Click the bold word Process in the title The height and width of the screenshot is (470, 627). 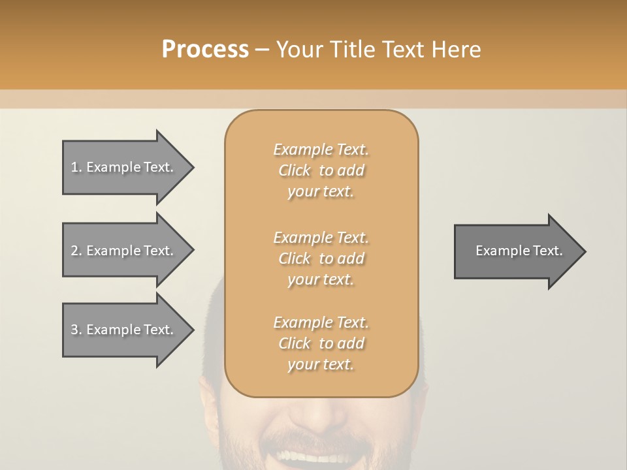205,50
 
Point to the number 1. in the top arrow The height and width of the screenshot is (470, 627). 76,168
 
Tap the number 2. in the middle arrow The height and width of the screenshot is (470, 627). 76,251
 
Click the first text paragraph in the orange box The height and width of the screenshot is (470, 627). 321,170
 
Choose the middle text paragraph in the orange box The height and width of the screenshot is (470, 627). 321,258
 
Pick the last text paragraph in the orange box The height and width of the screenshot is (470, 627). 321,343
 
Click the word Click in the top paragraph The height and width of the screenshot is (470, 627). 295,170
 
